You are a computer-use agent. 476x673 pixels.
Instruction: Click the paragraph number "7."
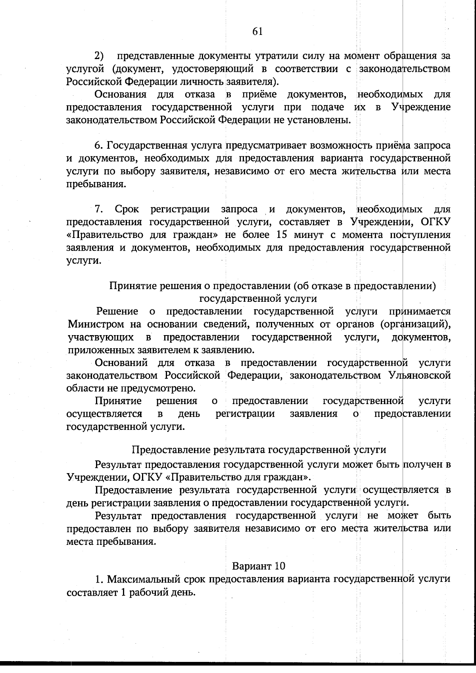(x=99, y=209)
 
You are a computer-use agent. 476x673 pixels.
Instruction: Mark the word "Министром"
(x=96, y=324)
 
